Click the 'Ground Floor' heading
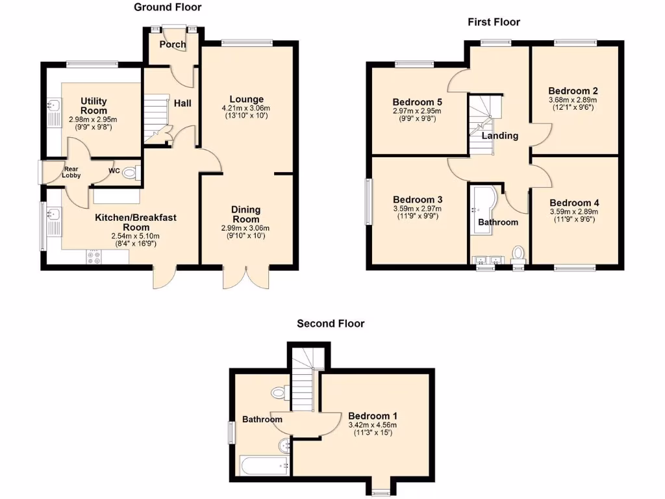(x=168, y=7)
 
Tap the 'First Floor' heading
(x=494, y=22)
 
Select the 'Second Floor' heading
(x=331, y=323)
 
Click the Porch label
(x=173, y=45)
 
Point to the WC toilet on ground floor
(x=131, y=173)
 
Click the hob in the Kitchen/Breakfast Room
(x=93, y=257)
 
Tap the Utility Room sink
(x=53, y=106)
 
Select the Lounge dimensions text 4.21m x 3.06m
(x=245, y=108)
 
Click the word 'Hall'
(x=182, y=103)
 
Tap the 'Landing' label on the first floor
(x=499, y=136)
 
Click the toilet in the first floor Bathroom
(x=518, y=253)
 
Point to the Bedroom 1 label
(x=372, y=416)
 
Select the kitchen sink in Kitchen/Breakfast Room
(x=51, y=214)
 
